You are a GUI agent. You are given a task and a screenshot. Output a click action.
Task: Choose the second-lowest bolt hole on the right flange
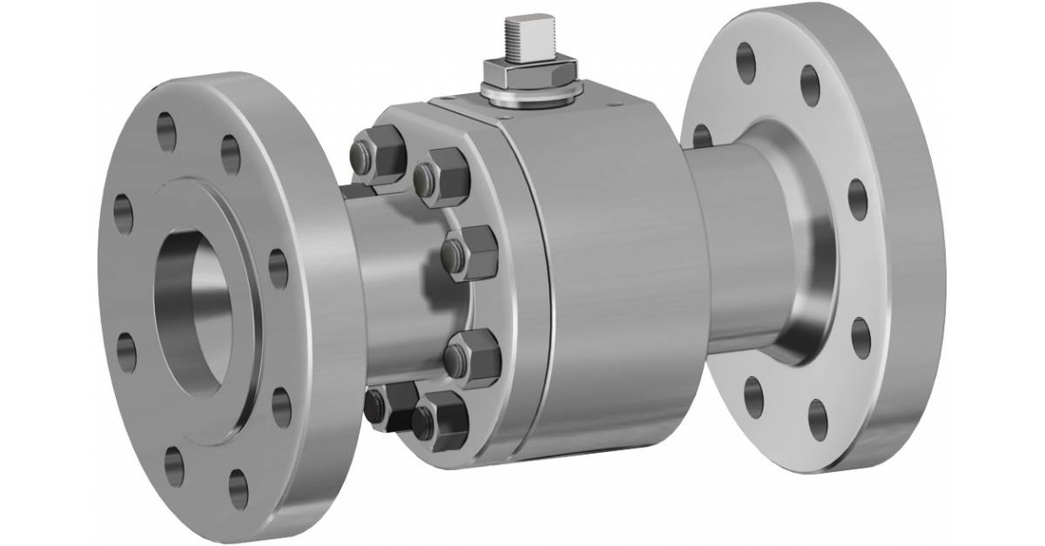click(x=754, y=396)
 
